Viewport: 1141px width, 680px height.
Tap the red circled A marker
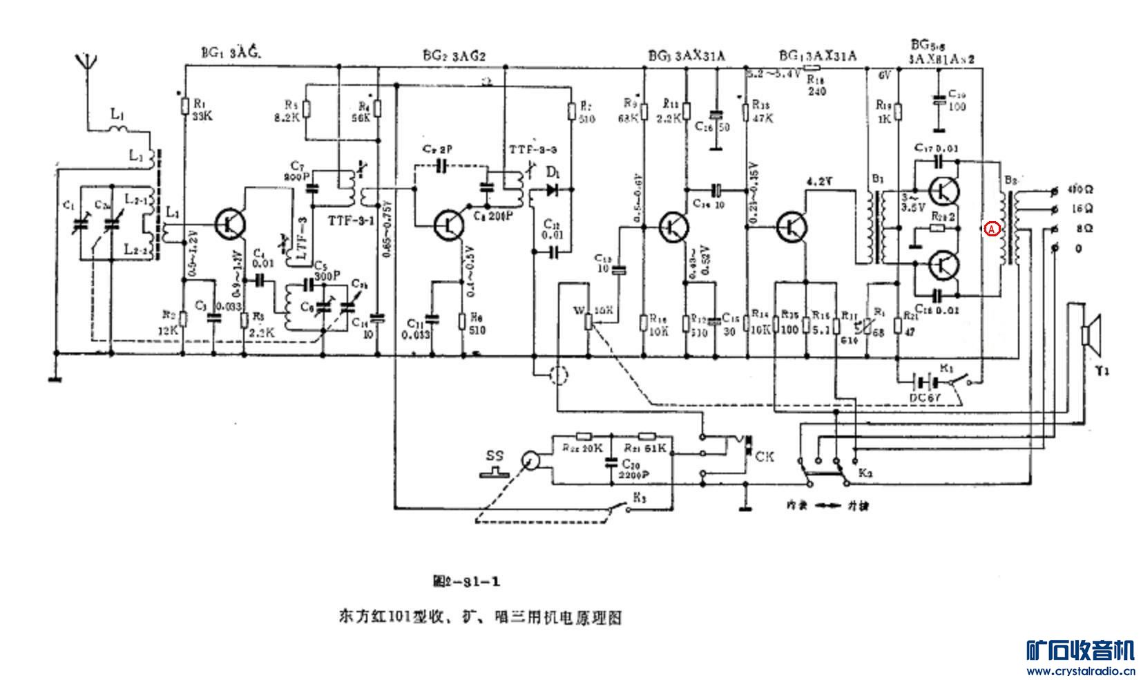[991, 229]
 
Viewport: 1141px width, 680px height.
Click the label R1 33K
[202, 111]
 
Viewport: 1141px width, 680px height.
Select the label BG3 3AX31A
[687, 56]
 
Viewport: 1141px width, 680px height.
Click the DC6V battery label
[925, 398]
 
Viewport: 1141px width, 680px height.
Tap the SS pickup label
[495, 456]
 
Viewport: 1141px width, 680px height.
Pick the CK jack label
[765, 457]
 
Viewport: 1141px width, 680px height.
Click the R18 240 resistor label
[816, 85]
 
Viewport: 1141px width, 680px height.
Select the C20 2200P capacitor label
[629, 469]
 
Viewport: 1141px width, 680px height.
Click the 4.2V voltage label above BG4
[819, 182]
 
